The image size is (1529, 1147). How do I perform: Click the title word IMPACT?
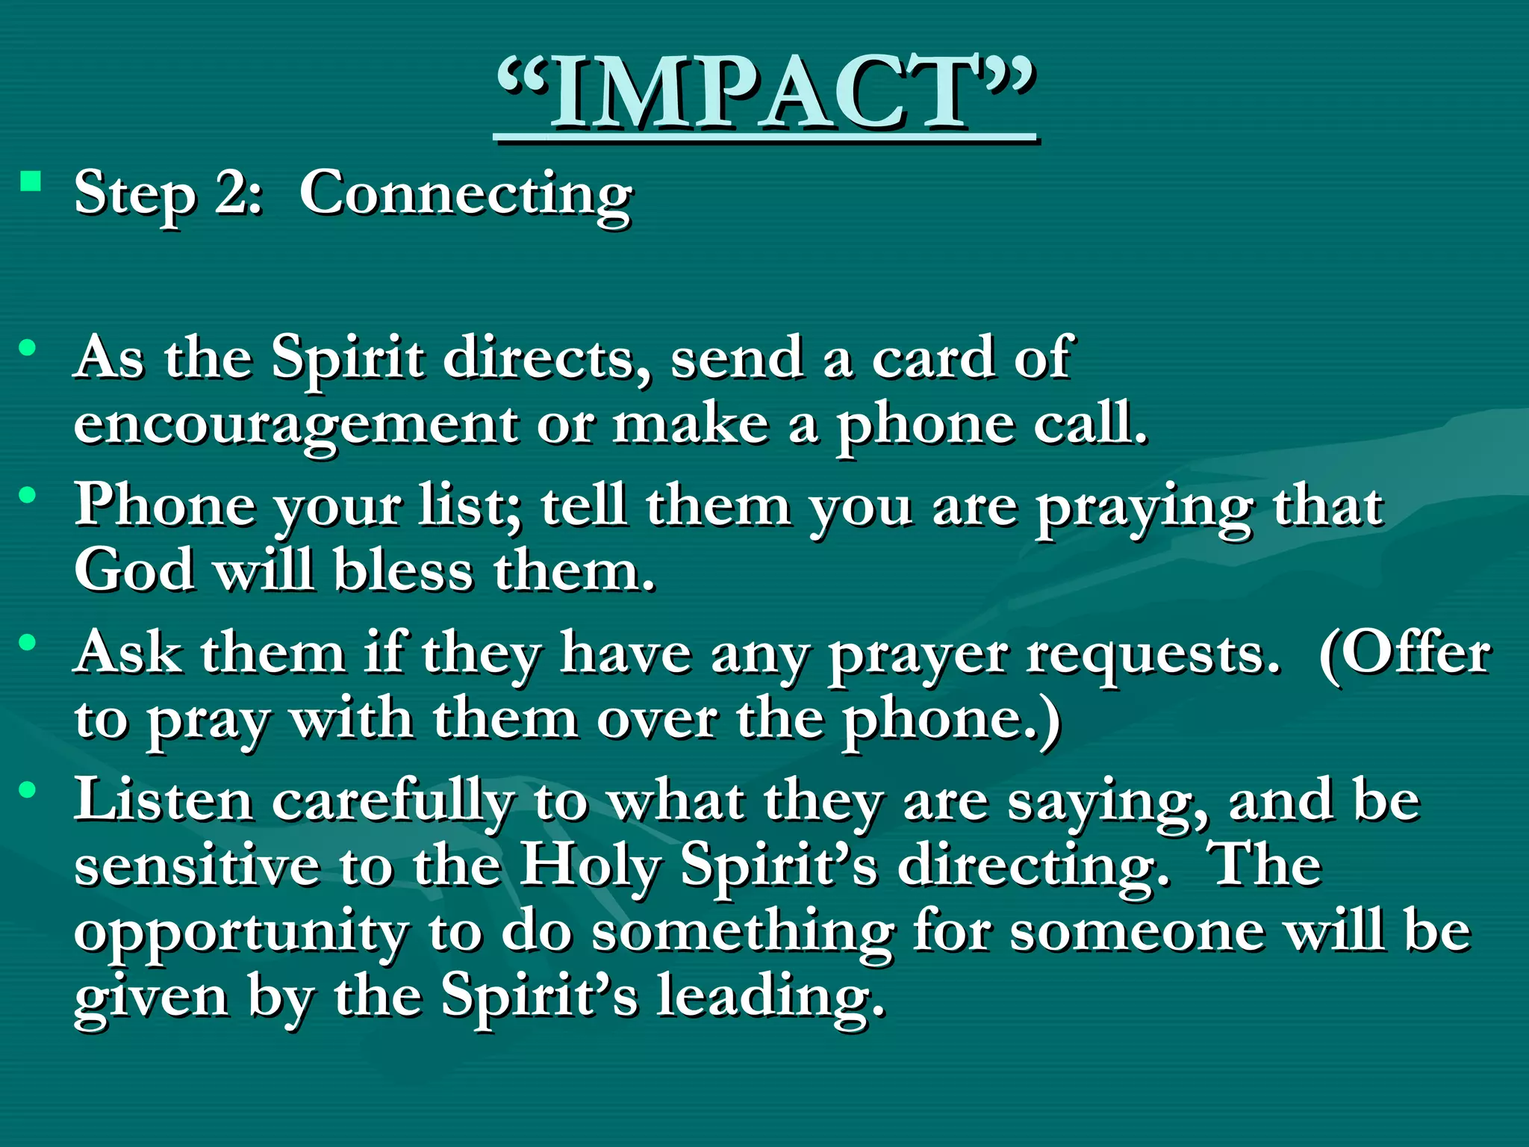pyautogui.click(x=764, y=93)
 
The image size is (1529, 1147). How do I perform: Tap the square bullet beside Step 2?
pyautogui.click(x=31, y=181)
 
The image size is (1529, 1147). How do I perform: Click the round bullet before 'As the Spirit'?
pyautogui.click(x=28, y=348)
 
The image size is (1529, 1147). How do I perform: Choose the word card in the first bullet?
pyautogui.click(x=933, y=357)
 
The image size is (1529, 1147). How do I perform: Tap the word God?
pyautogui.click(x=134, y=571)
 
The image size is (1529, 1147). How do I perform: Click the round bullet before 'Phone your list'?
pyautogui.click(x=28, y=495)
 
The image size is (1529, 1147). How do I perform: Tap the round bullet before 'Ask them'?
pyautogui.click(x=28, y=642)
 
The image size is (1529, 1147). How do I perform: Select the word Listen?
pyautogui.click(x=164, y=800)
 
